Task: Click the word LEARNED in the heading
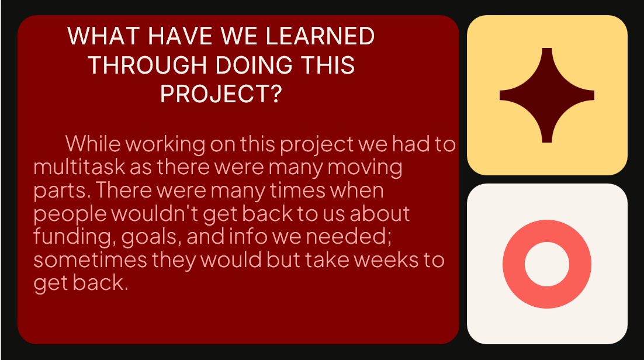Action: [320, 36]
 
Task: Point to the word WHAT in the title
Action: [103, 36]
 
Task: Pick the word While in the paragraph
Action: [94, 144]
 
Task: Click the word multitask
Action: [79, 167]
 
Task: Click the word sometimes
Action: [90, 259]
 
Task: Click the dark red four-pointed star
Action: [546, 95]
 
